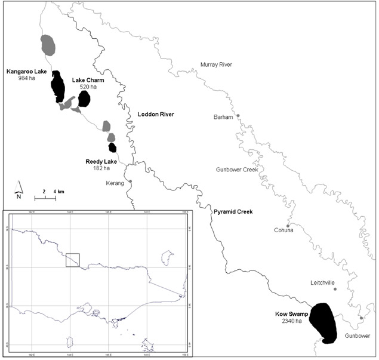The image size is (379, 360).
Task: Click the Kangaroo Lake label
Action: tap(26, 72)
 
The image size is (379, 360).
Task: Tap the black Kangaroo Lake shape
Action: tap(57, 87)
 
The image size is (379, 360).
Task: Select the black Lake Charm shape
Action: tap(84, 99)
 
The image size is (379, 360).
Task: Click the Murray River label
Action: tap(216, 64)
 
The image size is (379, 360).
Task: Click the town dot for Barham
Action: tap(238, 115)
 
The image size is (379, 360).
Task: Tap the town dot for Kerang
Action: tap(130, 181)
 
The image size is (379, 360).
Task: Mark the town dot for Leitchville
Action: tap(335, 289)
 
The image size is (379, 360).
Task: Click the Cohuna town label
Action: tap(283, 231)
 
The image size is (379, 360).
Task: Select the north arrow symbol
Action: tap(19, 190)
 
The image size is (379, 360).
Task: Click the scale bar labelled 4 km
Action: tap(45, 196)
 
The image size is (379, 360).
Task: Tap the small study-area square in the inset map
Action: tap(72, 260)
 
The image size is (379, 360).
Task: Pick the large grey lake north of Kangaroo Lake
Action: tap(48, 44)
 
